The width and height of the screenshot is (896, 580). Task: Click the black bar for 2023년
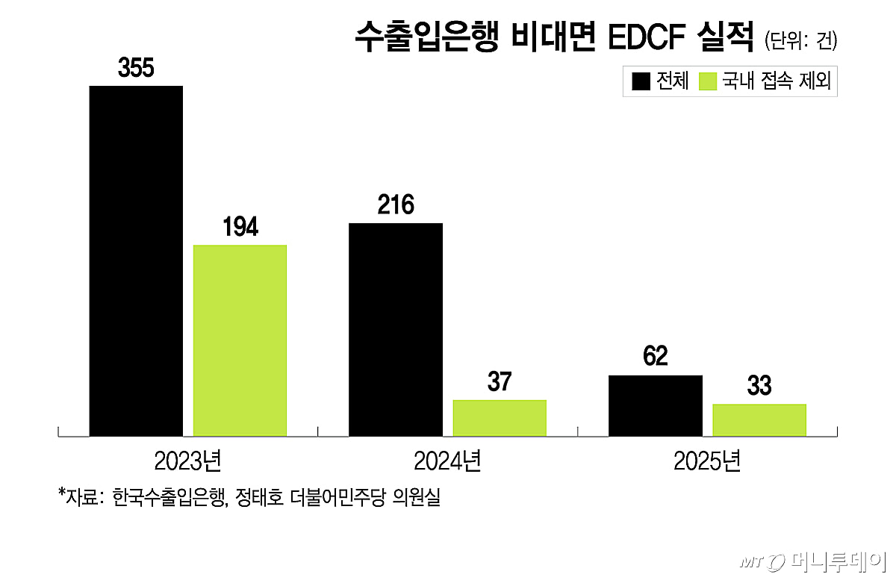(136, 261)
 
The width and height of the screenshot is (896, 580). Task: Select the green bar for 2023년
(240, 340)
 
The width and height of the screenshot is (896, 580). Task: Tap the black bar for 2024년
(396, 330)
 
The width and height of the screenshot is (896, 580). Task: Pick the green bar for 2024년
(500, 418)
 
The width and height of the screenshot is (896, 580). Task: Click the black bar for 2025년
(656, 405)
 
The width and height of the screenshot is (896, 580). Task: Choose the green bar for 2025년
(759, 420)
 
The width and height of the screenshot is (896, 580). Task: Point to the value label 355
(136, 68)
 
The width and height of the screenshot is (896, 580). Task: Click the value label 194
(240, 226)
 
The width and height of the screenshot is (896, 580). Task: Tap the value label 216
(396, 205)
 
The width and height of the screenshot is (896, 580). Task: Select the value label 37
(500, 381)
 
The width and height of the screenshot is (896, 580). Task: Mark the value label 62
(656, 355)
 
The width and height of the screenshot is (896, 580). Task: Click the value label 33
(759, 385)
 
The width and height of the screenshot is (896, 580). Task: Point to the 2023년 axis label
(187, 461)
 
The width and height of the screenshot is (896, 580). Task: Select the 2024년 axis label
(447, 461)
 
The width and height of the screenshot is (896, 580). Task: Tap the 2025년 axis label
(707, 461)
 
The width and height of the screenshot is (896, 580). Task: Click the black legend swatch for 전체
(641, 81)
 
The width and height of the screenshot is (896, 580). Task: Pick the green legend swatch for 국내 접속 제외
(708, 81)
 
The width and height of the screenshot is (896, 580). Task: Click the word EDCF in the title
(647, 37)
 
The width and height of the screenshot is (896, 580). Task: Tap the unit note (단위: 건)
(800, 40)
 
